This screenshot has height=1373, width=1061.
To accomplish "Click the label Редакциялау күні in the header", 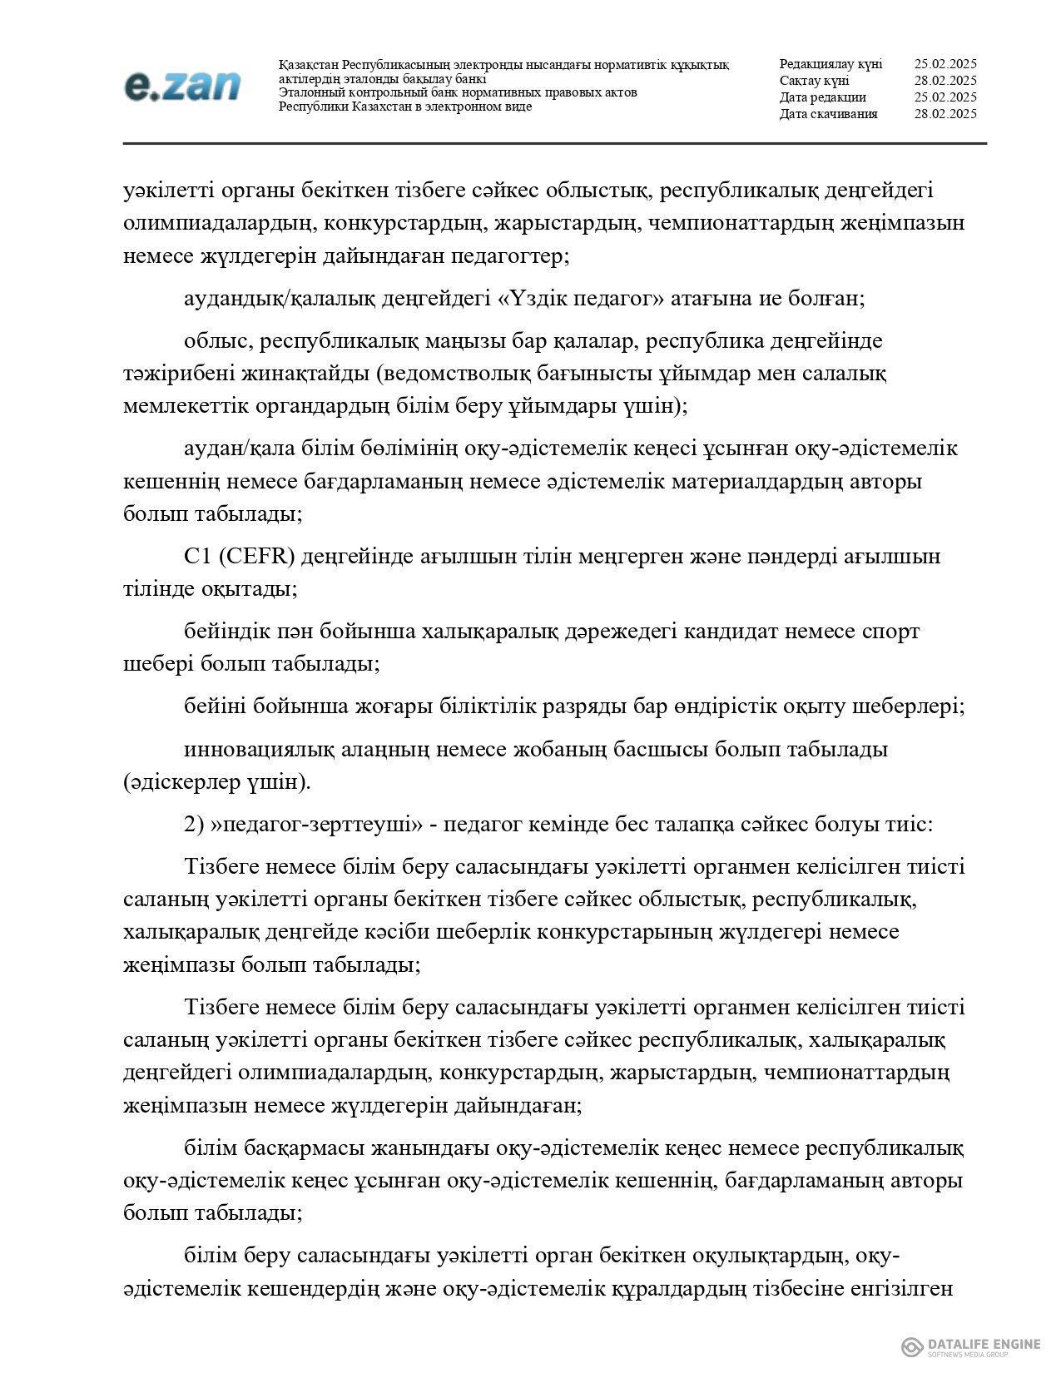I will (x=830, y=64).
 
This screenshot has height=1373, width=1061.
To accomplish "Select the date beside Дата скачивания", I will (x=944, y=114).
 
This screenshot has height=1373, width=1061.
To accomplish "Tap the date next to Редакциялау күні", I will (x=944, y=64).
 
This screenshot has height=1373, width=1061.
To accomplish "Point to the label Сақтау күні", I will (x=814, y=81).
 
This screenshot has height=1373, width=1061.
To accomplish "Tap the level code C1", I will (x=200, y=556).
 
